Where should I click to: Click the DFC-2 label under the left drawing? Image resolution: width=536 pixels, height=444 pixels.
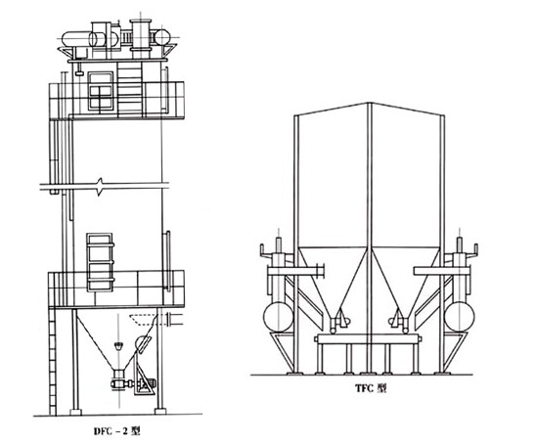(117, 431)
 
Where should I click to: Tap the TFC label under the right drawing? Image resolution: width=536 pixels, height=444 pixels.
(371, 388)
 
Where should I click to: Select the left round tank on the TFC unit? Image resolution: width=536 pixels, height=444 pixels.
(278, 317)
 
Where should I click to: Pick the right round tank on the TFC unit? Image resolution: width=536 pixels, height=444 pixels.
(459, 317)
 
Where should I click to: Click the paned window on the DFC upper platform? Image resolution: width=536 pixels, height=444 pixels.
(101, 91)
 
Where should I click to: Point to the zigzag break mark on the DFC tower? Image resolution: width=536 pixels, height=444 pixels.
(100, 187)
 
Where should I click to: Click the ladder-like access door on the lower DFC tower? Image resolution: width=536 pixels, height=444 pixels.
(100, 262)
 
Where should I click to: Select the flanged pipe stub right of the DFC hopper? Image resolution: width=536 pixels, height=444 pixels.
(174, 319)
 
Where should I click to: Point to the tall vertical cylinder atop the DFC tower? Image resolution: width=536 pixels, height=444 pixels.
(140, 38)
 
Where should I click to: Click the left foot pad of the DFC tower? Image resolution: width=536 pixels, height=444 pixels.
(75, 411)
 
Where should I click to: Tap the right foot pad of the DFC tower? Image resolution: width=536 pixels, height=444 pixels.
(160, 411)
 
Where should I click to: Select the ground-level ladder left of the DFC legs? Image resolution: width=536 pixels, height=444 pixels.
(52, 362)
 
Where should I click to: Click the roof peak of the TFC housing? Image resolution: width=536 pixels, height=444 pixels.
(370, 103)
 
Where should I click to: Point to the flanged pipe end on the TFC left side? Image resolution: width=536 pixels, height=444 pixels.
(320, 271)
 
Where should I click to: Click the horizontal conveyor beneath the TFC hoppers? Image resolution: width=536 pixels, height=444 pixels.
(368, 339)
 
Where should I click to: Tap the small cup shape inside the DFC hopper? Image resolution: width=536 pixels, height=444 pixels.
(118, 346)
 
